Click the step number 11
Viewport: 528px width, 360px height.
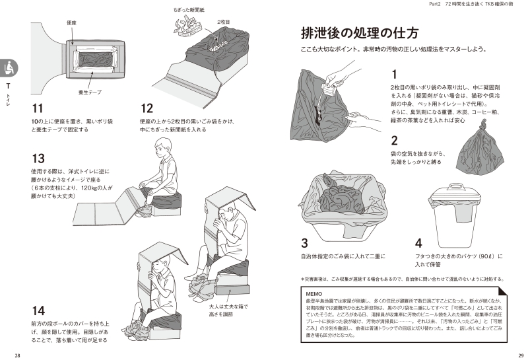point(38,108)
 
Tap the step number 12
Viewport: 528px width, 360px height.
point(147,108)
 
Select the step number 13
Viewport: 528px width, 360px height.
point(38,159)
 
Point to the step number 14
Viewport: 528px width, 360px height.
point(39,310)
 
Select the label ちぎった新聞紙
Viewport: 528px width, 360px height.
point(187,10)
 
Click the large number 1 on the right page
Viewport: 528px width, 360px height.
point(394,75)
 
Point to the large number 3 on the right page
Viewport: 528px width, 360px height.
point(304,242)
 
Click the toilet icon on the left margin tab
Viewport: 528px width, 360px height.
point(9,67)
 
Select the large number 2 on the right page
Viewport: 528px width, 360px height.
point(394,140)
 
